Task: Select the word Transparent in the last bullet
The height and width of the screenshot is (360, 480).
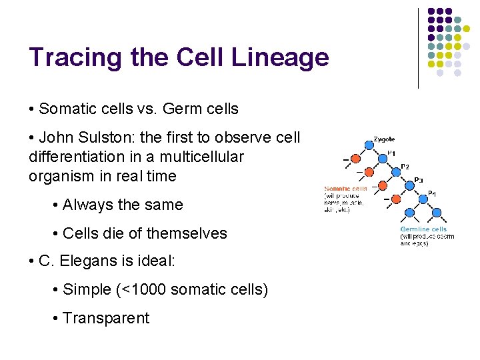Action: pos(106,318)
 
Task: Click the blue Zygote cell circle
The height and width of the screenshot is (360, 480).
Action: pos(369,143)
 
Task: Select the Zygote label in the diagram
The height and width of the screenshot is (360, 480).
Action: pos(384,139)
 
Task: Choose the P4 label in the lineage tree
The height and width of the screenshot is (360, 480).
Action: pos(432,193)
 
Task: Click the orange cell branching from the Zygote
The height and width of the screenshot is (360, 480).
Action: pos(354,159)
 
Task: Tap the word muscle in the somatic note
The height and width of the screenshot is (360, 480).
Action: pos(353,203)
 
